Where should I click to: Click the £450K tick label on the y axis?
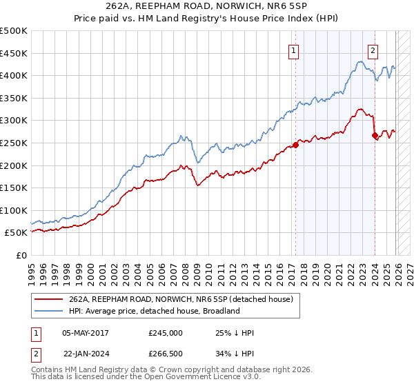point(14,53)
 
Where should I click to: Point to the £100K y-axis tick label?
point(14,210)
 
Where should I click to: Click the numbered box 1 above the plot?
point(294,50)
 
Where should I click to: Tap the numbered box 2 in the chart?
point(373,50)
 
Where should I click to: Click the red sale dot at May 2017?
point(295,145)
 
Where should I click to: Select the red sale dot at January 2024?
point(375,136)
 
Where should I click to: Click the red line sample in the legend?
point(50,299)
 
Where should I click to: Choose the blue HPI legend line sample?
point(50,311)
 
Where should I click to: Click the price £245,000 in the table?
point(166,333)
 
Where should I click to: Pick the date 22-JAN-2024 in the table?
point(86,354)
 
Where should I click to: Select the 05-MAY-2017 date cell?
point(86,333)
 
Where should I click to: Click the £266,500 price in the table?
point(166,354)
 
